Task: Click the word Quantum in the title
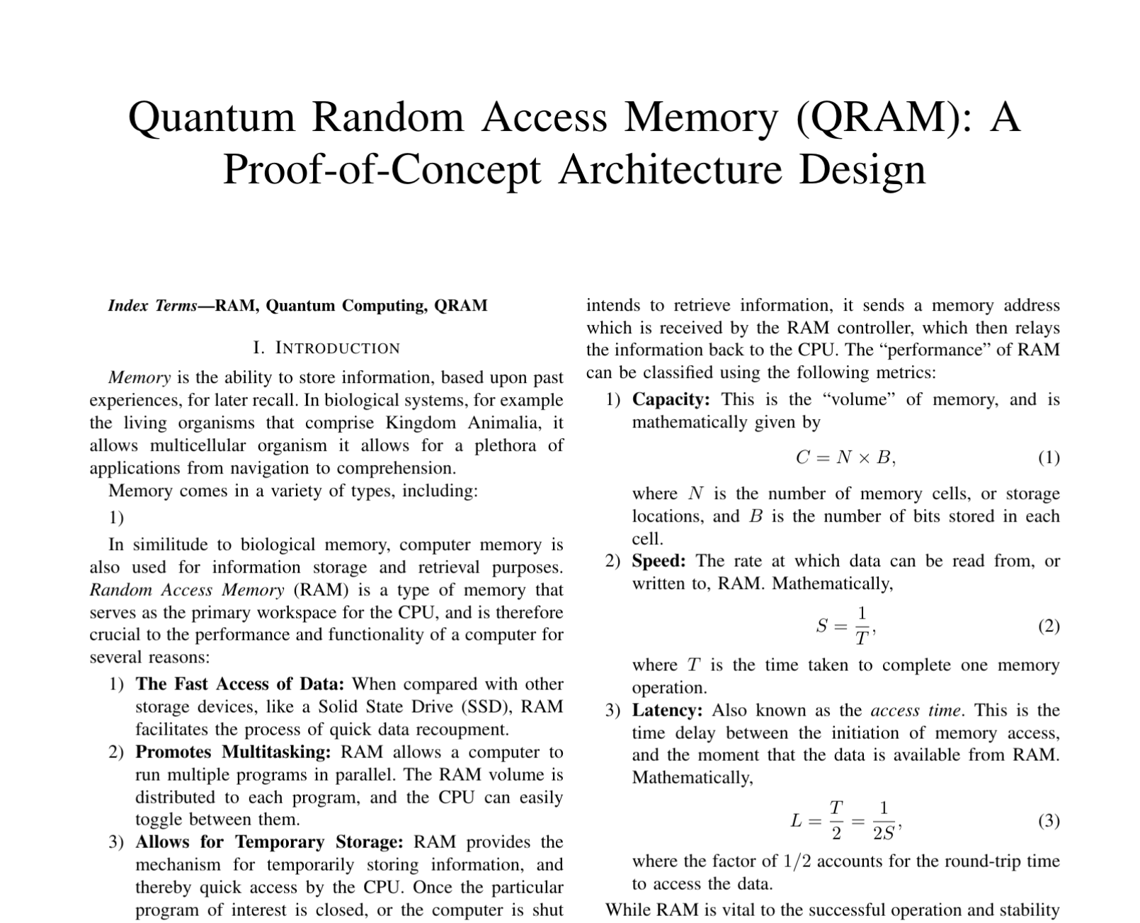pyautogui.click(x=211, y=117)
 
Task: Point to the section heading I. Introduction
pyautogui.click(x=326, y=348)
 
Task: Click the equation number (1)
pyautogui.click(x=1049, y=458)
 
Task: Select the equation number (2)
pyautogui.click(x=1049, y=626)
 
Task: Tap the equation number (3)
pyautogui.click(x=1049, y=821)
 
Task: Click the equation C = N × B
pyautogui.click(x=845, y=458)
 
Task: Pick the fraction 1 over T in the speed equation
pyautogui.click(x=862, y=626)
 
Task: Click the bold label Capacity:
pyautogui.click(x=671, y=400)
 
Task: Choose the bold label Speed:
pyautogui.click(x=659, y=561)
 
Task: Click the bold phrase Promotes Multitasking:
pyautogui.click(x=233, y=752)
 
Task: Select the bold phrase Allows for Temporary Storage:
pyautogui.click(x=269, y=842)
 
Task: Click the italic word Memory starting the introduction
pyautogui.click(x=139, y=378)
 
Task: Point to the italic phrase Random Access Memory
pyautogui.click(x=187, y=590)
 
